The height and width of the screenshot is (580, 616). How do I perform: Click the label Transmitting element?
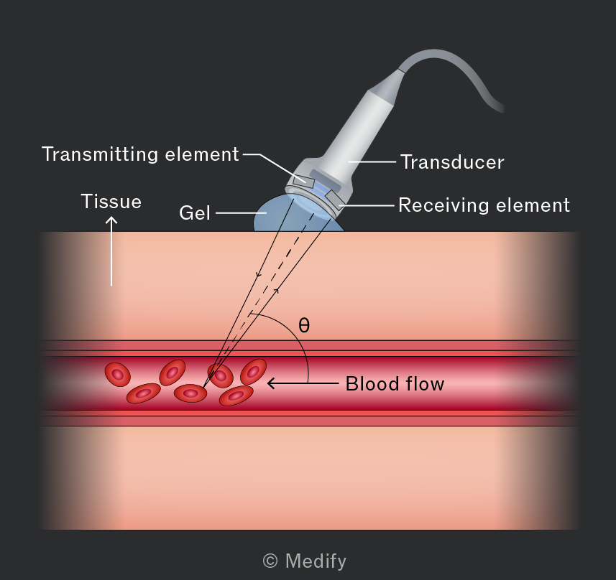[140, 154]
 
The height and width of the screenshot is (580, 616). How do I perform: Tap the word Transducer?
[452, 162]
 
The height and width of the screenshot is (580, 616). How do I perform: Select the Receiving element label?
[484, 205]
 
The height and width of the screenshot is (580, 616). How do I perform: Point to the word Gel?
[195, 213]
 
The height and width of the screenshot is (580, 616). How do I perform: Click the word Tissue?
[111, 201]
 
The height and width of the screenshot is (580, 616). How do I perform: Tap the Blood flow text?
[395, 384]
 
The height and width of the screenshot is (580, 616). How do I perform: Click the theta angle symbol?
[304, 325]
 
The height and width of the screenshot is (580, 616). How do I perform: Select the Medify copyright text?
[305, 561]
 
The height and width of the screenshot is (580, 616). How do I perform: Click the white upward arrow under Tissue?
[111, 251]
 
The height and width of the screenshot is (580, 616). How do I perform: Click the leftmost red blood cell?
[117, 375]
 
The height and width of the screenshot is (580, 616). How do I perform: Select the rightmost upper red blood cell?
[254, 371]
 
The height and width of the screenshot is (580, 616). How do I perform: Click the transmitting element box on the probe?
[303, 181]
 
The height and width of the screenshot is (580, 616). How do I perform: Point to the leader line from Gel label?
[242, 213]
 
